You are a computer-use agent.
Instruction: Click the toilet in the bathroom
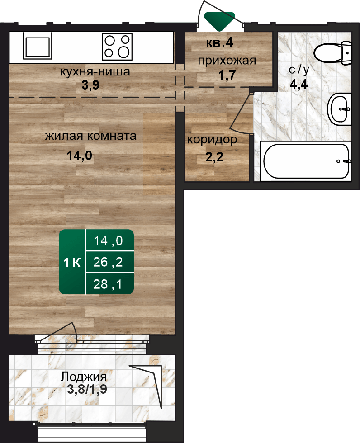pyautogui.click(x=332, y=52)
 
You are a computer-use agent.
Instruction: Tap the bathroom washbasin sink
pyautogui.click(x=339, y=109)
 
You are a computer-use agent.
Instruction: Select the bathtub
pyautogui.click(x=306, y=161)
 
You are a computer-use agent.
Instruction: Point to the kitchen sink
pyautogui.click(x=38, y=46)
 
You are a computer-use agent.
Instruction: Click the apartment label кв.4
pyautogui.click(x=219, y=42)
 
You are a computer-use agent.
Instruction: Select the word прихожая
pyautogui.click(x=227, y=61)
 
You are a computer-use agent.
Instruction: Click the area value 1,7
pyautogui.click(x=227, y=75)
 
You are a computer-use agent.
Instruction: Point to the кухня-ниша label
pyautogui.click(x=95, y=72)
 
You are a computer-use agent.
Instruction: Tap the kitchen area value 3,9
pyautogui.click(x=90, y=85)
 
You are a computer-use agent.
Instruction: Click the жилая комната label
pyautogui.click(x=91, y=136)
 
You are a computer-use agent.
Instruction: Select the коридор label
pyautogui.click(x=212, y=140)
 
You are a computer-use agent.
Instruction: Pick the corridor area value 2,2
pyautogui.click(x=214, y=157)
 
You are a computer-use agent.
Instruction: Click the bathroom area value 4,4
pyautogui.click(x=298, y=84)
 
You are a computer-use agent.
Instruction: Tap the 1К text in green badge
pyautogui.click(x=72, y=263)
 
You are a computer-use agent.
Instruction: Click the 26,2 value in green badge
pyautogui.click(x=108, y=262)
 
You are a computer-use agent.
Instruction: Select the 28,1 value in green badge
pyautogui.click(x=108, y=284)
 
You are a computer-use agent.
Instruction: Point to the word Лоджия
pyautogui.click(x=84, y=377)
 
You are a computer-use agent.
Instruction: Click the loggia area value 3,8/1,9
pyautogui.click(x=87, y=389)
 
